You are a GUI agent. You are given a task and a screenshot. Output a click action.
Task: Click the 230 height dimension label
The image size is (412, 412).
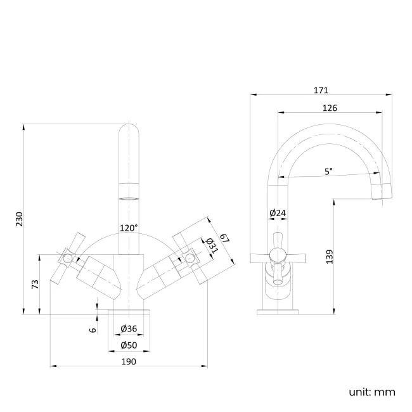(x=19, y=219)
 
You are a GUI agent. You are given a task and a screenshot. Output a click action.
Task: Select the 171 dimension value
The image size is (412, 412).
(x=321, y=90)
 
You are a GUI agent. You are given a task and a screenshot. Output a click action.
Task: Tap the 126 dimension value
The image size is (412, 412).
(x=330, y=108)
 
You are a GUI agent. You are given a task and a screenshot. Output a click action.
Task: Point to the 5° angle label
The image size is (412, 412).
(x=328, y=171)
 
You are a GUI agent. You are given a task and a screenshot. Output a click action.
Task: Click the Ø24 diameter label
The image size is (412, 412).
(x=277, y=213)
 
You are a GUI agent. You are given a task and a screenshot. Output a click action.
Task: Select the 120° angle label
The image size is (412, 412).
(x=129, y=228)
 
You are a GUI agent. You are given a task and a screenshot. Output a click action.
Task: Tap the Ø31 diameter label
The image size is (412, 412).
(x=211, y=245)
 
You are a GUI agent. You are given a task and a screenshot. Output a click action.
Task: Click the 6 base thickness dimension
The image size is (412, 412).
(x=93, y=329)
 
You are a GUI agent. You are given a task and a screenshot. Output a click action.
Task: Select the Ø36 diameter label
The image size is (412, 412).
(x=129, y=328)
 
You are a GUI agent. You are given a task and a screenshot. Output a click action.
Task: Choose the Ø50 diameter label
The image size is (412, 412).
(x=129, y=345)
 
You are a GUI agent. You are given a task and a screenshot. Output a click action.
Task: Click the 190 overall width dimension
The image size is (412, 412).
(x=129, y=361)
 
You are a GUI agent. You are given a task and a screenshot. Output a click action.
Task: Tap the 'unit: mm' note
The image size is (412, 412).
(x=371, y=392)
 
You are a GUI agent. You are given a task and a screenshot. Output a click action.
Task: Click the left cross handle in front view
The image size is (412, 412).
(x=67, y=258)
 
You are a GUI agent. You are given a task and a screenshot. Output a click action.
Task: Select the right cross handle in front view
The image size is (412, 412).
(x=189, y=257)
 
